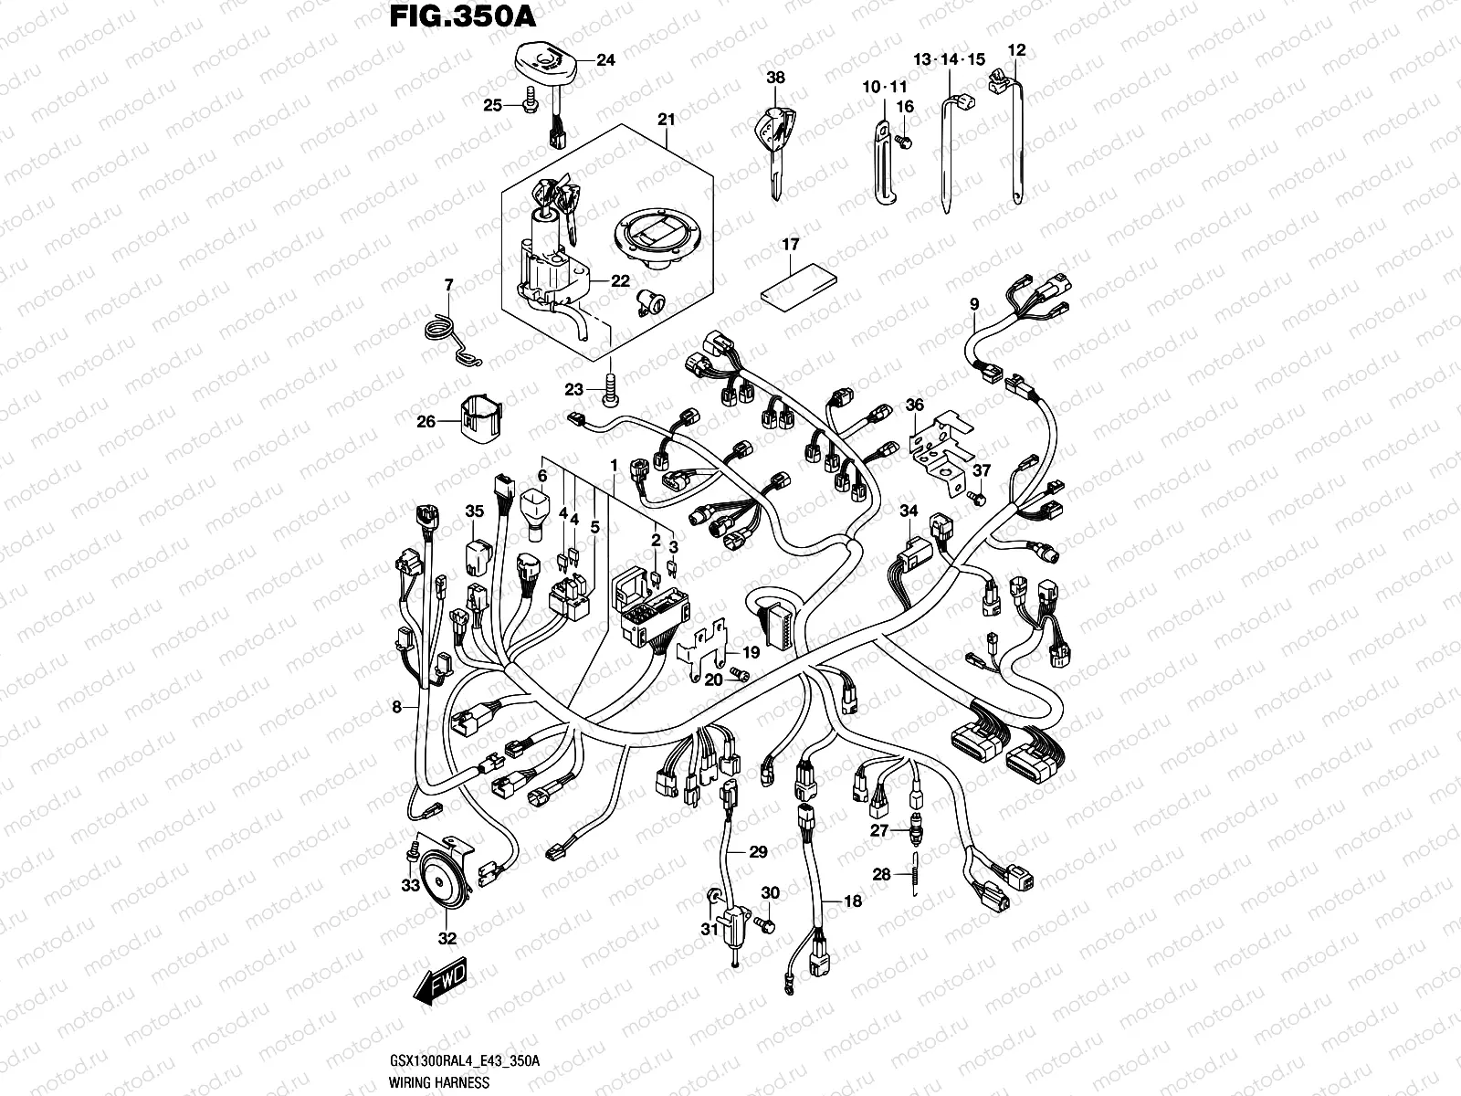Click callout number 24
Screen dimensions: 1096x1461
[x=605, y=61]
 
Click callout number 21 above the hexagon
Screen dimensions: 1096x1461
[x=666, y=120]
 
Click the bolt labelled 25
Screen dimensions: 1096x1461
[x=530, y=107]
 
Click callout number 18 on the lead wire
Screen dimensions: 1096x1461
[x=853, y=901]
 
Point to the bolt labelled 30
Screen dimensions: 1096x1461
[x=768, y=923]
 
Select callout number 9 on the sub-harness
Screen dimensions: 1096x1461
[x=974, y=303]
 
